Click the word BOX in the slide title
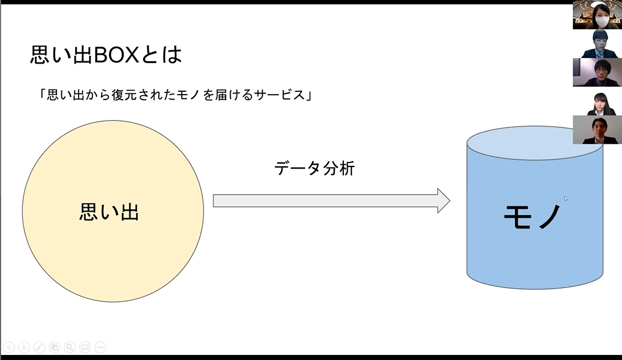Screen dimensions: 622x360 (116, 55)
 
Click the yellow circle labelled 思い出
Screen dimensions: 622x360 (113, 211)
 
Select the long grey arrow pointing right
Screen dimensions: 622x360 (332, 201)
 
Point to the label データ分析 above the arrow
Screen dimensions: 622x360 (315, 168)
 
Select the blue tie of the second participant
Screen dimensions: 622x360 (599, 55)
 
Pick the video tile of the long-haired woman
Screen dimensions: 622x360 (598, 101)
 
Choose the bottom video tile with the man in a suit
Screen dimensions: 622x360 (598, 130)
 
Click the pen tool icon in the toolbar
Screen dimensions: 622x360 (39, 348)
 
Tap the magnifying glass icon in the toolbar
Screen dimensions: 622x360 (70, 348)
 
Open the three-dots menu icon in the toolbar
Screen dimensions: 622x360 (101, 348)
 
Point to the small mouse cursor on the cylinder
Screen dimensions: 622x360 (566, 199)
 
